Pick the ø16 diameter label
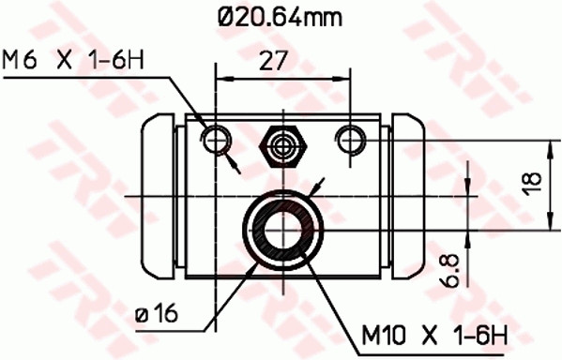click(x=156, y=312)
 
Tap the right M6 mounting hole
click(x=353, y=139)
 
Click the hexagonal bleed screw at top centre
click(x=283, y=142)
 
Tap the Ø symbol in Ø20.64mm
click(x=222, y=16)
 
